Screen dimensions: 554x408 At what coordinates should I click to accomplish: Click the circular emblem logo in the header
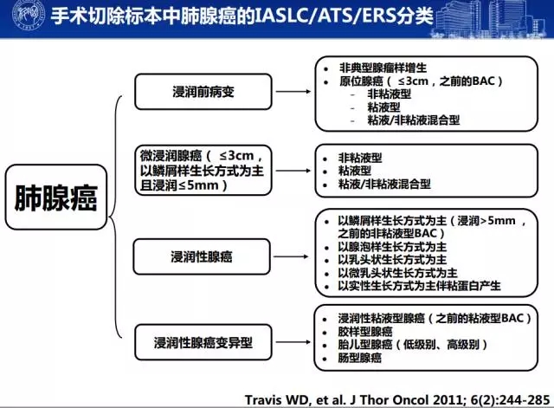click(x=29, y=15)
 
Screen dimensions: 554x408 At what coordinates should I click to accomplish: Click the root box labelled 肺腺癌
click(x=56, y=197)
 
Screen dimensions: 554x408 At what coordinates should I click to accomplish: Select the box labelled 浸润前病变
click(x=203, y=92)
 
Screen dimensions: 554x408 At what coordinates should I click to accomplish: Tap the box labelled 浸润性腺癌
click(x=202, y=256)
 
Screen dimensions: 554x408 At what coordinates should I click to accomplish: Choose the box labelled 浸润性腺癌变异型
click(x=203, y=342)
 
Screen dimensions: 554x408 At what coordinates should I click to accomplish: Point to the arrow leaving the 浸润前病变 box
click(x=293, y=92)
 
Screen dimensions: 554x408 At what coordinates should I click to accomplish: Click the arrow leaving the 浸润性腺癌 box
click(x=291, y=256)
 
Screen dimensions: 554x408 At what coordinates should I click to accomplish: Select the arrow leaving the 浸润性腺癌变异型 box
click(x=293, y=342)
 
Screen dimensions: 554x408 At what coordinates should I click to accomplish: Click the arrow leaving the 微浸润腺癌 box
click(x=293, y=171)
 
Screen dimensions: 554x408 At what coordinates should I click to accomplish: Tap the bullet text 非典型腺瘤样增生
click(x=383, y=68)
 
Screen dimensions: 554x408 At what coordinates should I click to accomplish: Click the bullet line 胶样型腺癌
click(x=365, y=332)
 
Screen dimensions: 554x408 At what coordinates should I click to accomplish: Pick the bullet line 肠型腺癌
click(x=360, y=358)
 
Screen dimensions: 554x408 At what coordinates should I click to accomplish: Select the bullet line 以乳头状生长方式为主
click(x=392, y=260)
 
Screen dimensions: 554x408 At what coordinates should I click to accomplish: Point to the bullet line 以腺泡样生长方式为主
click(x=392, y=247)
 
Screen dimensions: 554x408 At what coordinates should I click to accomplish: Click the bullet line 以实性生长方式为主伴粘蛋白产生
click(x=419, y=286)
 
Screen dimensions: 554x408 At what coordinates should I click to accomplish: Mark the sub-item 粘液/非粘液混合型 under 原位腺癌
click(x=414, y=120)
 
